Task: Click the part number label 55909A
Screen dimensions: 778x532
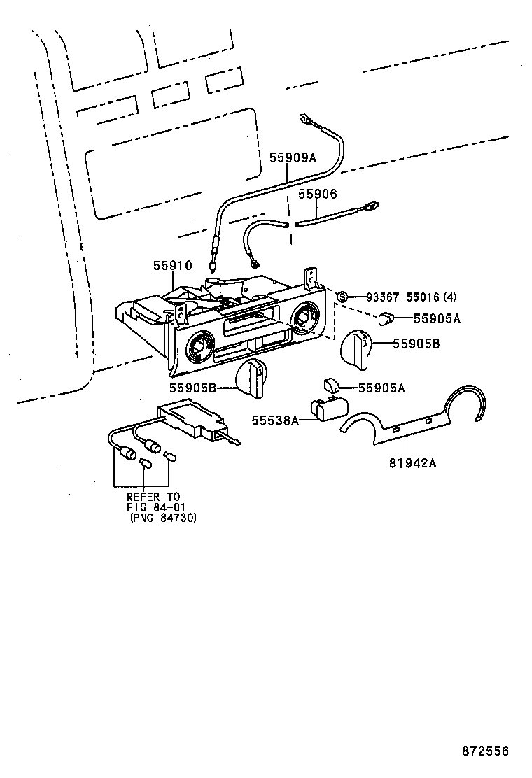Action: click(293, 158)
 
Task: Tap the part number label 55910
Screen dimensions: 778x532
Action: click(172, 265)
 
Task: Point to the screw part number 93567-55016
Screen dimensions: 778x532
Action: click(396, 297)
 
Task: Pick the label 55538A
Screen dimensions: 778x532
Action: click(275, 419)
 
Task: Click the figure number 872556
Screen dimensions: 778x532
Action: click(484, 751)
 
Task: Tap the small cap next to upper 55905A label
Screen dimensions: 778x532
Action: click(387, 319)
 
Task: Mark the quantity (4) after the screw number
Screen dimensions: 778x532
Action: click(449, 297)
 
